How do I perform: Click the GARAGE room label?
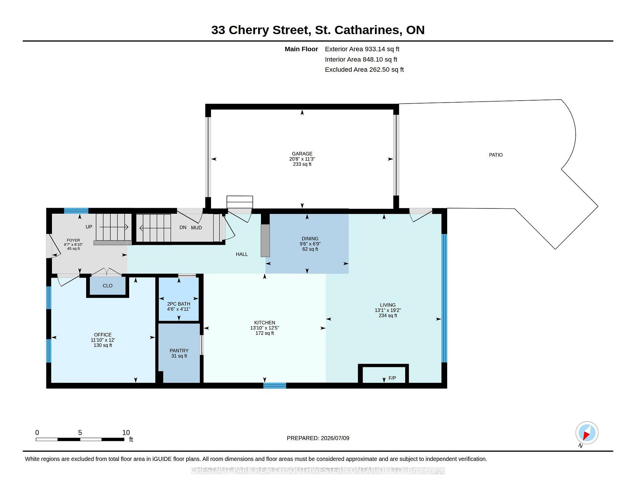[302, 154]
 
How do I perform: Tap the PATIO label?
[496, 155]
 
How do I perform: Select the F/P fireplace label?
[392, 378]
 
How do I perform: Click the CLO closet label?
[107, 286]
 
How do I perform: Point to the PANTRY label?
[179, 351]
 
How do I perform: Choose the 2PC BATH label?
[179, 304]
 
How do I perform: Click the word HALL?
[241, 254]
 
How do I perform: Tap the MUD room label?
[196, 228]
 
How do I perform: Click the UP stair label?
[89, 227]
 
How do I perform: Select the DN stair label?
[183, 227]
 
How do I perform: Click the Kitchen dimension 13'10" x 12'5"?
[265, 328]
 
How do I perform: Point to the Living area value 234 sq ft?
[388, 316]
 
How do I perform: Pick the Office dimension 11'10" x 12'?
[103, 340]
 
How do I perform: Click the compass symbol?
[587, 433]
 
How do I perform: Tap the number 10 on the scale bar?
[126, 432]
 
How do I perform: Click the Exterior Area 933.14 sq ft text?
[362, 49]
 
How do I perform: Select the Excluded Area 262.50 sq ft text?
[364, 69]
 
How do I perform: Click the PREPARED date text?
[318, 438]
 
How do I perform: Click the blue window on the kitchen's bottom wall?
[275, 385]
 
